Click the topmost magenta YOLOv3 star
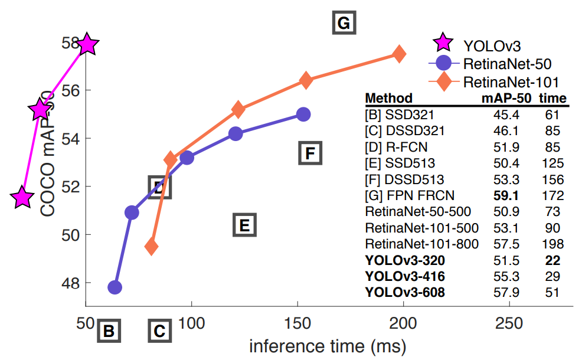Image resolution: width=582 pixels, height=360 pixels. (87, 44)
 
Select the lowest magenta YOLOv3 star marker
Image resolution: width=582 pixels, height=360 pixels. (22, 197)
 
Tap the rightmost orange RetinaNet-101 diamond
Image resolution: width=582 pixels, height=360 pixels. (399, 54)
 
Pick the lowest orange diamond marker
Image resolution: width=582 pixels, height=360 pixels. (152, 246)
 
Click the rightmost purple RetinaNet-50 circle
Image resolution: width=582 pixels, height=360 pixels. (303, 114)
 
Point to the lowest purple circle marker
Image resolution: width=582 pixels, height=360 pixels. (115, 287)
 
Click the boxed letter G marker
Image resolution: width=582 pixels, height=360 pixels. (344, 24)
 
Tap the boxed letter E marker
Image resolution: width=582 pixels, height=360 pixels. (244, 225)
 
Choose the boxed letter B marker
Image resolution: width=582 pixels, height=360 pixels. (109, 331)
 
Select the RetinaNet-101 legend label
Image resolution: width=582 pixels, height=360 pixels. (511, 81)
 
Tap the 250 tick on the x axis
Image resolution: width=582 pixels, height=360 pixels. (509, 323)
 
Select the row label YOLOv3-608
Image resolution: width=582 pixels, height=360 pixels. (405, 292)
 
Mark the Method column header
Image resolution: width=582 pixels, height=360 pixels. (389, 98)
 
